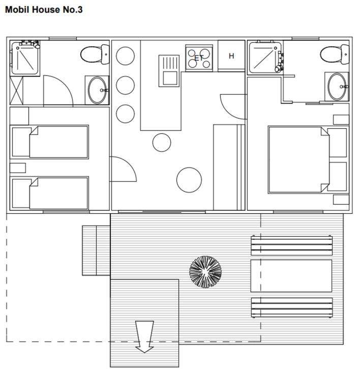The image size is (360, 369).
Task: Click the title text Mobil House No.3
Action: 44,10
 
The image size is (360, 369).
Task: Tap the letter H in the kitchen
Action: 231,56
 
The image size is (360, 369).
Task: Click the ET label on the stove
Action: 199,58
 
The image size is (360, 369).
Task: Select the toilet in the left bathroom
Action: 95,54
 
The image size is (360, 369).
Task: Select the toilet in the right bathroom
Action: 335,54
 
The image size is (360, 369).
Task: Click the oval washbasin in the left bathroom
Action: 97,90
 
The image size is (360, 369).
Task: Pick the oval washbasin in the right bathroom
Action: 338,87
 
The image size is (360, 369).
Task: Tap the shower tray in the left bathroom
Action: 25,58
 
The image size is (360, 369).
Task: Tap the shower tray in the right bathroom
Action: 265,58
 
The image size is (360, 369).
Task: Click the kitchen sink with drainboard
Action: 169,71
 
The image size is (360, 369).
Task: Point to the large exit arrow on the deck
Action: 144,337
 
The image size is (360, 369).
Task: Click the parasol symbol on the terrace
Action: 205,272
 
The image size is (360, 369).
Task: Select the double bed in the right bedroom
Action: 308,160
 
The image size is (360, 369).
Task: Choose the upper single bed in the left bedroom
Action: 49,142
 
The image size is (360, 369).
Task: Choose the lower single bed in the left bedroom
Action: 49,193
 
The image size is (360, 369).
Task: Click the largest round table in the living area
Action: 189,180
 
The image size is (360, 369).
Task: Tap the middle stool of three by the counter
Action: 125,85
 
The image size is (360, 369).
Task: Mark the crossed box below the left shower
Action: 16,91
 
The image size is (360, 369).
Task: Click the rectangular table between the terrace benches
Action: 291,276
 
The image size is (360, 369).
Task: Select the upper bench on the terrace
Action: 291,245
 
